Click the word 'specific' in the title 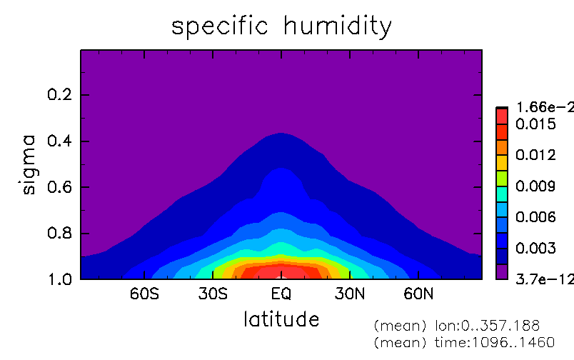click(x=220, y=27)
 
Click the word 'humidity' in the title click(x=338, y=27)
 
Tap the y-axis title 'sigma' click(x=29, y=164)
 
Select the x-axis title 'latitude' click(x=281, y=319)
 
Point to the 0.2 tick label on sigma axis click(x=60, y=94)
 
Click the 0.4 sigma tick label click(x=60, y=141)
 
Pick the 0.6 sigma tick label click(x=60, y=186)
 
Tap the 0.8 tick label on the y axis click(x=60, y=233)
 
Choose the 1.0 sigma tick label click(x=60, y=279)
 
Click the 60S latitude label click(x=145, y=294)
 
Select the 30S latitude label click(x=213, y=294)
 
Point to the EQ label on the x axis click(x=281, y=294)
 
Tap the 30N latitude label click(x=350, y=294)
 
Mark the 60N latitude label click(x=418, y=294)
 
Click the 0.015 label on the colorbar click(x=535, y=124)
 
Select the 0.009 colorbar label click(x=535, y=186)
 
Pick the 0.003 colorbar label click(x=535, y=249)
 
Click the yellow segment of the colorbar click(x=502, y=163)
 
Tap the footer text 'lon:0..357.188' click(x=487, y=325)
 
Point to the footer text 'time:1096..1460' click(x=495, y=342)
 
